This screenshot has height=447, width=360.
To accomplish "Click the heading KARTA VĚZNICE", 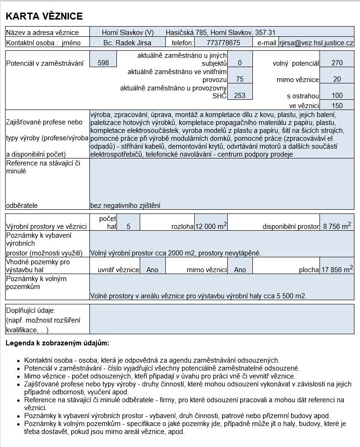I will click(44, 16).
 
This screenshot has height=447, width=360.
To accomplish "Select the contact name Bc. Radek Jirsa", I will click(127, 42).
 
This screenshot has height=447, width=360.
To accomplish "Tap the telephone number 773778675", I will click(223, 42).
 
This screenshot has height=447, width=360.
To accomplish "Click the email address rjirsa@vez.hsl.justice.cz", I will click(316, 42).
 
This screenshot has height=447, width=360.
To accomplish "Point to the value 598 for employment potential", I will click(103, 63).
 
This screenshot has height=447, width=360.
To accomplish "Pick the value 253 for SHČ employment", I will click(239, 96).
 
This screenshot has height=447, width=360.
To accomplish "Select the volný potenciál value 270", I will click(337, 63).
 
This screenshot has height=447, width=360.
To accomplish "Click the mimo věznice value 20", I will click(337, 79).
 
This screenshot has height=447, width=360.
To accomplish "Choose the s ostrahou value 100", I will click(337, 96).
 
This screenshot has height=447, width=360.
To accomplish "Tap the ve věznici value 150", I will click(337, 106).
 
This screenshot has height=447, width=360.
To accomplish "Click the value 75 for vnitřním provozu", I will click(239, 79).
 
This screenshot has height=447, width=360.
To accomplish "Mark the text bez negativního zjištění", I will click(125, 205).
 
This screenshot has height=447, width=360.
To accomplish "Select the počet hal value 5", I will click(128, 227).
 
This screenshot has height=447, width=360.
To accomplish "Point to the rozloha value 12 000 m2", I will click(211, 226).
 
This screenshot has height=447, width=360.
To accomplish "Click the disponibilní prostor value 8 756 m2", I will click(336, 226).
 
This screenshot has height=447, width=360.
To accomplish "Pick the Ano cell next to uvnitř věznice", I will click(152, 269).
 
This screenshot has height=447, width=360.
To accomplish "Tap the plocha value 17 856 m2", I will click(336, 269).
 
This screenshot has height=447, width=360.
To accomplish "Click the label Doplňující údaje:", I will click(30, 310).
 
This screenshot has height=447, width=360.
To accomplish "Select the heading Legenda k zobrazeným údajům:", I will click(57, 343).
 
